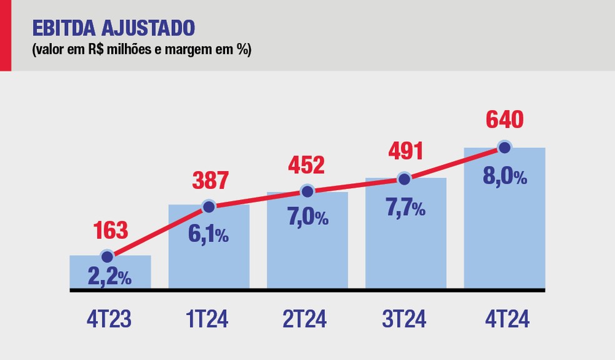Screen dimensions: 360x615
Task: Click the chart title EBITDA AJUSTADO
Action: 113,28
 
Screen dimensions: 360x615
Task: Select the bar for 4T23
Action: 110,273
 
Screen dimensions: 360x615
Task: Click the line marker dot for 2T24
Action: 307,191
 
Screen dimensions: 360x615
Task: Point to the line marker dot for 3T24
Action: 404,179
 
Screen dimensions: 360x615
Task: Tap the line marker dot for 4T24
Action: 504,148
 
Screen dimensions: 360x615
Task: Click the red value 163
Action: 111,230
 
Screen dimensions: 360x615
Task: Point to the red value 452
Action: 306,165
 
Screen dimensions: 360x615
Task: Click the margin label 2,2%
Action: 111,276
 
